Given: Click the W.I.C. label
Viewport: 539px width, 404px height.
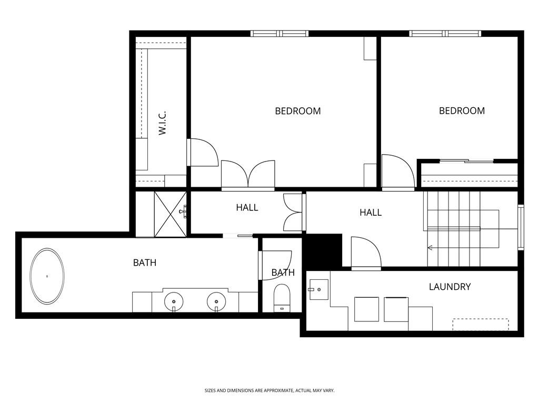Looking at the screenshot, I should (163, 123).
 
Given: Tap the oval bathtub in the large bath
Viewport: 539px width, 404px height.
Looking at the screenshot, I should (47, 276).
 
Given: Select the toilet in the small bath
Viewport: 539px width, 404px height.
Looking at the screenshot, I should (282, 297).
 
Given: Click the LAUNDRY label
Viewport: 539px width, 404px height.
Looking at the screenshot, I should (450, 287).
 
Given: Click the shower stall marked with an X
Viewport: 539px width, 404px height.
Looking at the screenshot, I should (170, 214).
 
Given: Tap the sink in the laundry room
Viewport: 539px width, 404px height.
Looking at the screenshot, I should (318, 289).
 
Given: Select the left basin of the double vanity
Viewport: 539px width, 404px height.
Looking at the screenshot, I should (174, 301).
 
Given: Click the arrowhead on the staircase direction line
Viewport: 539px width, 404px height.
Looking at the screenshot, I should (430, 248).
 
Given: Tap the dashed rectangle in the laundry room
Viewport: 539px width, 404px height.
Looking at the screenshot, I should (481, 325).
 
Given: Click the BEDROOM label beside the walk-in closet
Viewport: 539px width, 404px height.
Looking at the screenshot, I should (298, 111).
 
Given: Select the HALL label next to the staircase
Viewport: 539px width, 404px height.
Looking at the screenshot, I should (371, 213).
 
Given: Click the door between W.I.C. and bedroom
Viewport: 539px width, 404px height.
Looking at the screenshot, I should (203, 153).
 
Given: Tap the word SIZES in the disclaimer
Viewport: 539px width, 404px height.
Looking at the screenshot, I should (211, 390).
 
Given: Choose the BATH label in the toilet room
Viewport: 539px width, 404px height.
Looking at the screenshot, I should (283, 272).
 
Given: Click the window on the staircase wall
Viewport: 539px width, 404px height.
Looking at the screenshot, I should (521, 227).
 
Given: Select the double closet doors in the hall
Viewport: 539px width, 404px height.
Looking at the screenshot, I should (293, 213).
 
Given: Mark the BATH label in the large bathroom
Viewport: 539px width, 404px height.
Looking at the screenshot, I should (145, 262).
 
